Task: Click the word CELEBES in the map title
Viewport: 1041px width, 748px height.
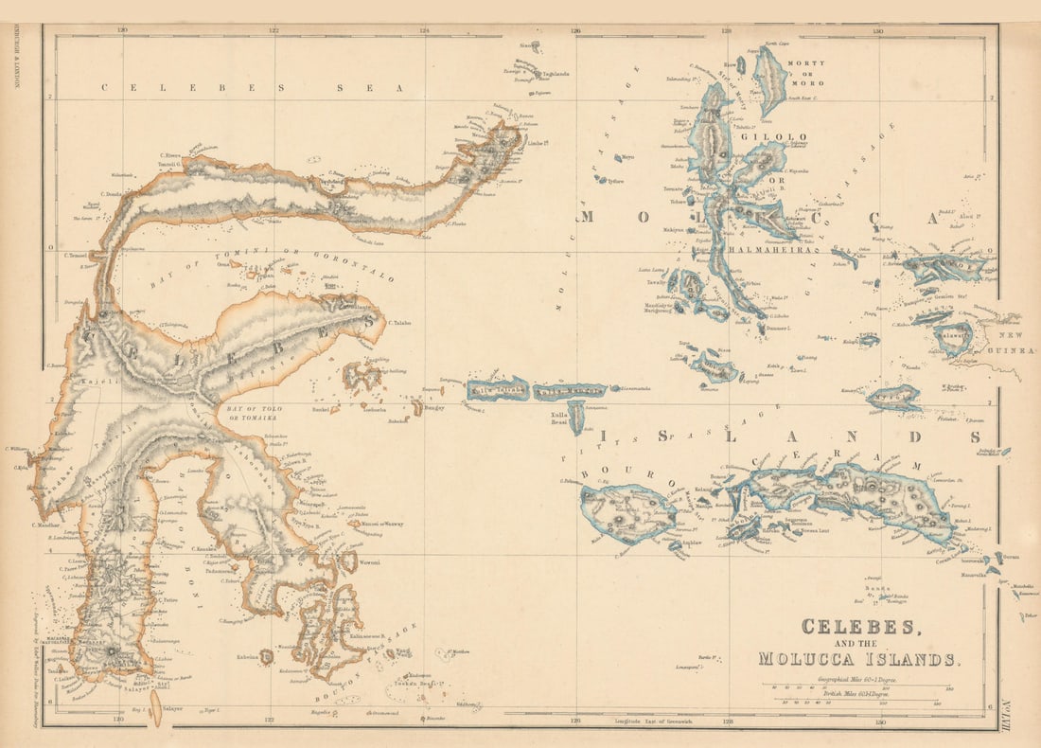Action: (858, 627)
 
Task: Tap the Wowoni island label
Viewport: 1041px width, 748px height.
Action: (367, 562)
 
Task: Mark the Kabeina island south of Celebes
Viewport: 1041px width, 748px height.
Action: (267, 656)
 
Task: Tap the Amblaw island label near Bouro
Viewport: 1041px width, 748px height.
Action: (694, 543)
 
